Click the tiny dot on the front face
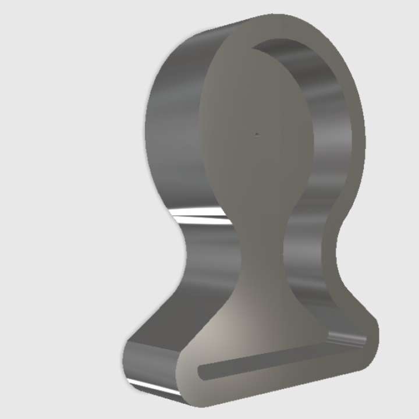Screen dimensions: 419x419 (257, 134)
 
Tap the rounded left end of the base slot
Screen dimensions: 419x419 (203, 371)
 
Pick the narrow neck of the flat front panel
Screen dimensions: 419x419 (262, 244)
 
